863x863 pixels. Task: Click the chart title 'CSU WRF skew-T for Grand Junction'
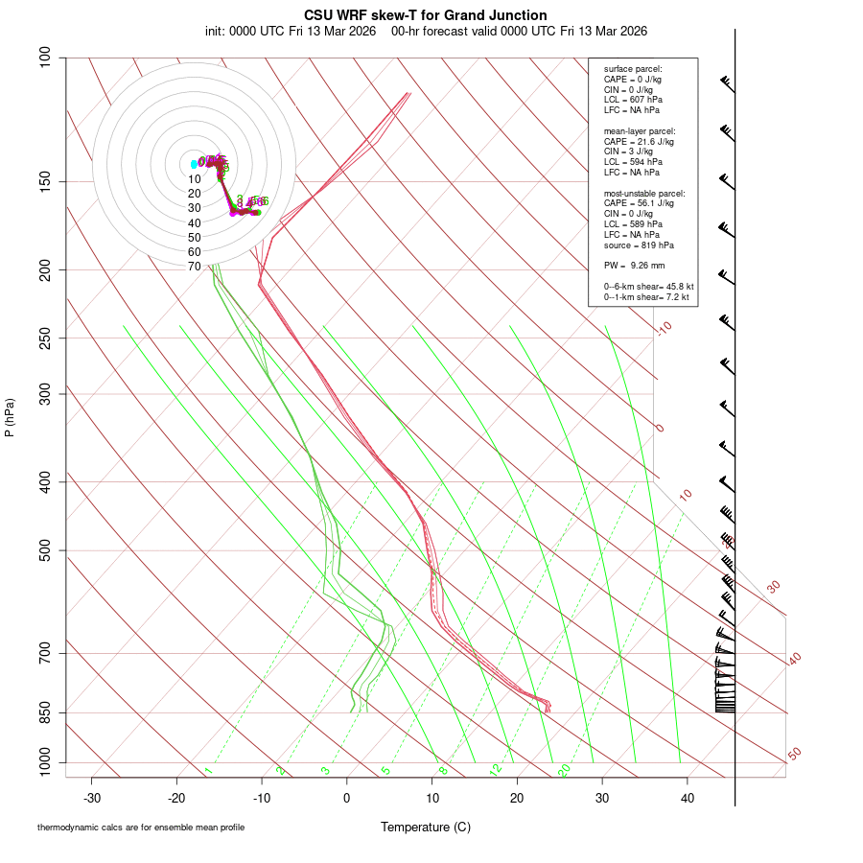pos(426,15)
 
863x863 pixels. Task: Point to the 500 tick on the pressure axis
pos(46,550)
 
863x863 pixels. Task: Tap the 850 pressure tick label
pos(46,712)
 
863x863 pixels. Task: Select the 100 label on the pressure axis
pos(46,58)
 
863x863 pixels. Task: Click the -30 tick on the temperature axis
pos(92,797)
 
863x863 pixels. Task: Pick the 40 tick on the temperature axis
pos(687,797)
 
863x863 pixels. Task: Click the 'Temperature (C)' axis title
pos(426,827)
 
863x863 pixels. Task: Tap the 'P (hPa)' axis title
pos(10,417)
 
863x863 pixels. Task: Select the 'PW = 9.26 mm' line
pos(634,265)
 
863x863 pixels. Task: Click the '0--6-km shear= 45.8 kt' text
pos(648,287)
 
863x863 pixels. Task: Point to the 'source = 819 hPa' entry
pos(636,245)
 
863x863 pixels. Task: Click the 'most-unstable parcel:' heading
pos(644,194)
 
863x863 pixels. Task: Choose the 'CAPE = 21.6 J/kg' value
pos(639,141)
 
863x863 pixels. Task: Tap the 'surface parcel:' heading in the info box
pos(633,69)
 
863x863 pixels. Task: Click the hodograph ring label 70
pos(195,266)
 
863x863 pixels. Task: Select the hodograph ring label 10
pos(195,178)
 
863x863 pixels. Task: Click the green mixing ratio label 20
pos(565,769)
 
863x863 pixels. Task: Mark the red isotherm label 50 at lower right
pos(794,755)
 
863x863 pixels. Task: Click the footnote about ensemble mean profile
pos(141,828)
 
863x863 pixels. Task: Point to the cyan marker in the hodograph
pos(194,164)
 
